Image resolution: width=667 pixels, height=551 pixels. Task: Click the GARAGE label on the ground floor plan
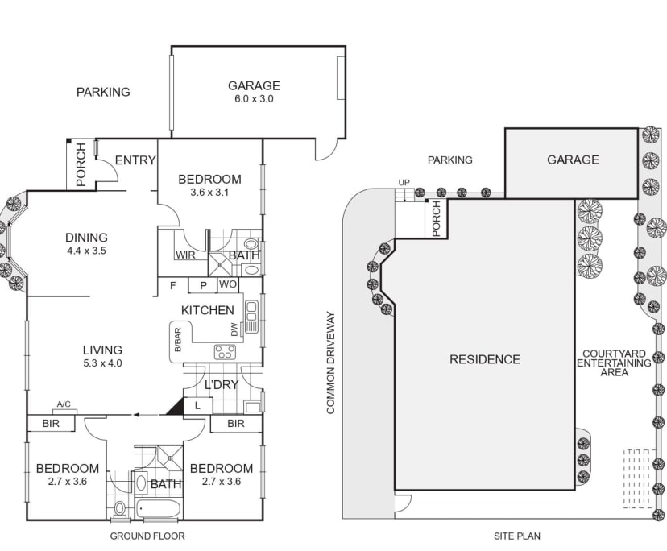(254, 85)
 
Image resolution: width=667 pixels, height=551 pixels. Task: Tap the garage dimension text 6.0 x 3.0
(254, 99)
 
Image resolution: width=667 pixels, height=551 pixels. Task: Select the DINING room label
(86, 237)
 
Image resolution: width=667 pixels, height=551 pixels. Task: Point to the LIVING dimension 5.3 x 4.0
(102, 363)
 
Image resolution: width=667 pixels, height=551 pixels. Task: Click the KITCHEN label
(207, 310)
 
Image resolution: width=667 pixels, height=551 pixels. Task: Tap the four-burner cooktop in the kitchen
(225, 351)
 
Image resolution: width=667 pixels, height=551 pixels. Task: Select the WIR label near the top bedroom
(185, 256)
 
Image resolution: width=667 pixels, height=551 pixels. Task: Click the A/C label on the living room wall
(64, 404)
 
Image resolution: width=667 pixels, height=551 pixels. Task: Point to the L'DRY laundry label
(221, 384)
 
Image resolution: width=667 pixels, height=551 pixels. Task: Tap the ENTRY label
(135, 160)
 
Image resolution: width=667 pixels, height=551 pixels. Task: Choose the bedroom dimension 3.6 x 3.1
(209, 193)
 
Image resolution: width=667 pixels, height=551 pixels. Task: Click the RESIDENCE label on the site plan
(485, 359)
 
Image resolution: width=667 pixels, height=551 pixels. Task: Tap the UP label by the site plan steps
(403, 182)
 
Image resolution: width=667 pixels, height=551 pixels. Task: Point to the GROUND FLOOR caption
(147, 536)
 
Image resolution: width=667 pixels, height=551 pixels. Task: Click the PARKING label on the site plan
(449, 159)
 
